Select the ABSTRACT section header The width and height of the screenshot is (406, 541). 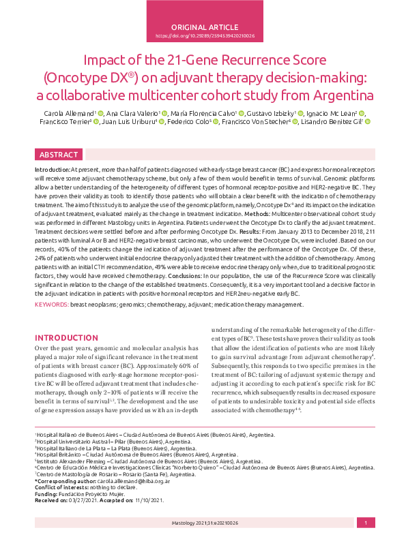(59, 154)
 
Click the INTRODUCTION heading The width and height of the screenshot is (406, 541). (66, 338)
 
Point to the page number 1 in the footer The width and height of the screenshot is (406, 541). (366, 522)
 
